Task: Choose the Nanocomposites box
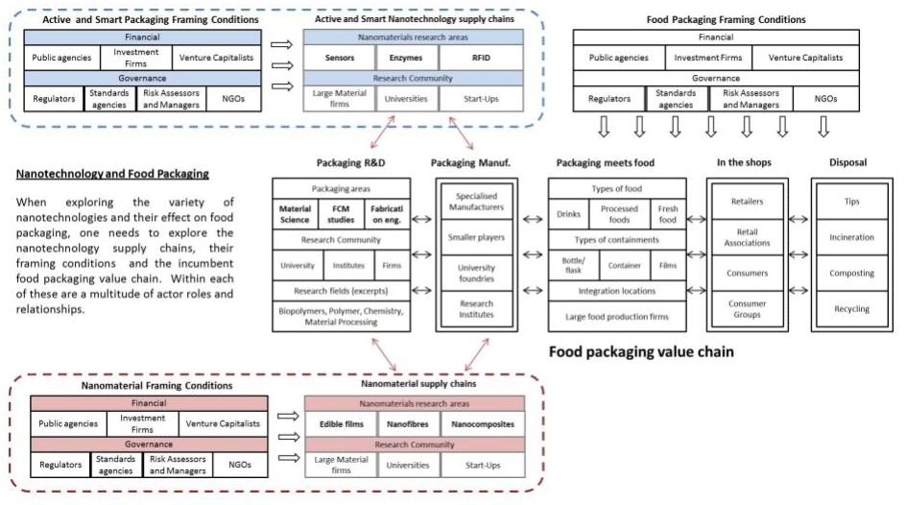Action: (x=482, y=424)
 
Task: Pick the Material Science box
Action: (x=295, y=212)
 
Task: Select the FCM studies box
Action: (x=343, y=212)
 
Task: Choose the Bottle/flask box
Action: (x=574, y=265)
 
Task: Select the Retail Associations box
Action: (x=747, y=237)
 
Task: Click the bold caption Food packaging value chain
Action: (x=641, y=352)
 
